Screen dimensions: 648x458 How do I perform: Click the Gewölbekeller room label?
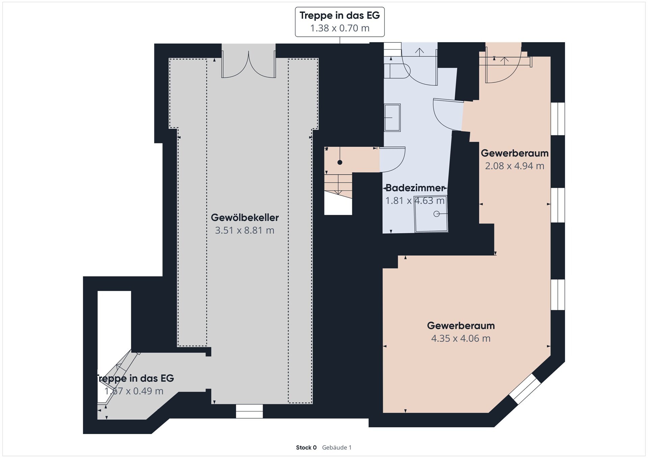pyautogui.click(x=245, y=218)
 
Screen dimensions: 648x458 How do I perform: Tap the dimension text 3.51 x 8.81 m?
pyautogui.click(x=245, y=230)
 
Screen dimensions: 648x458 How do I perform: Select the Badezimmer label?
pyautogui.click(x=415, y=188)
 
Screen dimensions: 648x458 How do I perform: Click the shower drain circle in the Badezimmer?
pyautogui.click(x=436, y=214)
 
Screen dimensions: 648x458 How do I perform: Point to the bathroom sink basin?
pyautogui.click(x=392, y=117)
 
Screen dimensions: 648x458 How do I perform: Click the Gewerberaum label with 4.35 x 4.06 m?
pyautogui.click(x=461, y=325)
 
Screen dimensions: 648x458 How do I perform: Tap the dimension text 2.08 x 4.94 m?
pyautogui.click(x=515, y=166)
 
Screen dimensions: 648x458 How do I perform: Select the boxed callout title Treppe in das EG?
pyautogui.click(x=340, y=16)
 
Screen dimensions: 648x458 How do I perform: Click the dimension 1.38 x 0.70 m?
pyautogui.click(x=340, y=28)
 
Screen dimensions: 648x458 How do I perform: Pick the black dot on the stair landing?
pyautogui.click(x=340, y=163)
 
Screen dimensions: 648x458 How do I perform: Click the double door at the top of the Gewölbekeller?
pyautogui.click(x=248, y=64)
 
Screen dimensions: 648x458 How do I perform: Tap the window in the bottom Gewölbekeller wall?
pyautogui.click(x=249, y=411)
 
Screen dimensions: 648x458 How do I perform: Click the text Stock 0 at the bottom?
pyautogui.click(x=306, y=448)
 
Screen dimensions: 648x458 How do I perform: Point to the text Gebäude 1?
pyautogui.click(x=336, y=448)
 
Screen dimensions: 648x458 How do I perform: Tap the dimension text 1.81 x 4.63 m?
pyautogui.click(x=415, y=201)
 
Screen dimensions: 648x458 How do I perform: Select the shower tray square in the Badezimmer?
pyautogui.click(x=431, y=214)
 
